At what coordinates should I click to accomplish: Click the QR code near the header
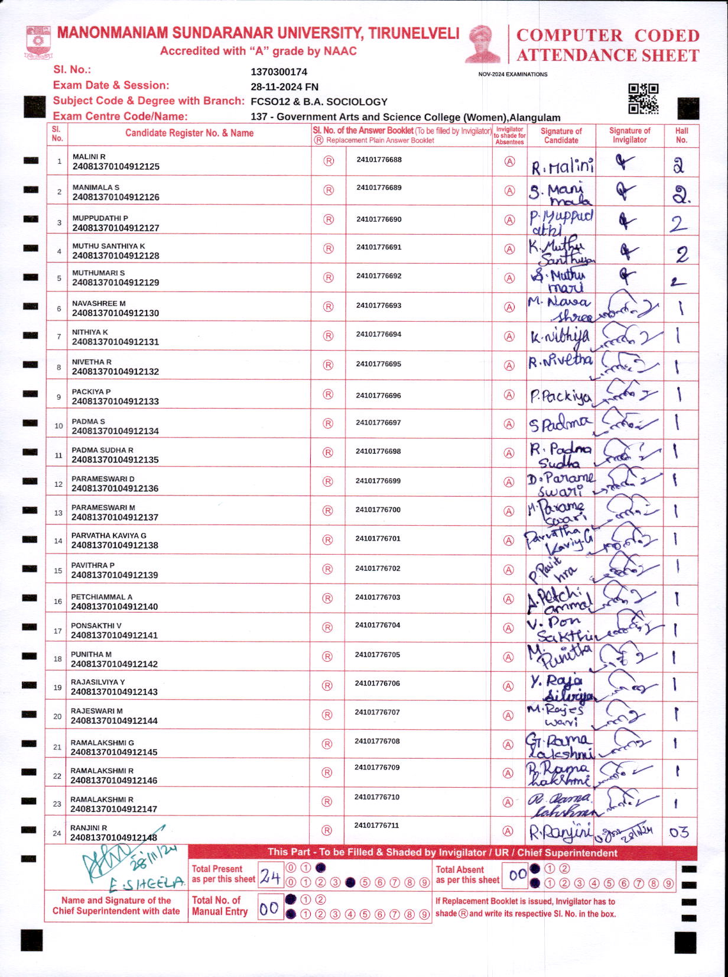tap(643, 99)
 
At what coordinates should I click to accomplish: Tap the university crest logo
tap(38, 43)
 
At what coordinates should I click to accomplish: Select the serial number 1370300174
tap(279, 72)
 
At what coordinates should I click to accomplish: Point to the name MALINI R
tap(89, 157)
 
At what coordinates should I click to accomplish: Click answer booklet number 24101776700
tap(378, 510)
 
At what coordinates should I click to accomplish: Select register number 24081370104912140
tap(115, 607)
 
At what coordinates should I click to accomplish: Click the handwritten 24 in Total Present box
tap(270, 877)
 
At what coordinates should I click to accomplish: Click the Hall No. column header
tap(681, 135)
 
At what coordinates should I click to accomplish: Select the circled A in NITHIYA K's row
tap(509, 337)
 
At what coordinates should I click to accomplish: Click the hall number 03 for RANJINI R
tap(679, 833)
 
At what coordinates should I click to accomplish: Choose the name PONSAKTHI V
tap(96, 626)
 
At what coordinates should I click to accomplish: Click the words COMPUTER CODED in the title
tap(607, 35)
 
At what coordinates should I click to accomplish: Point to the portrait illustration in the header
tap(483, 44)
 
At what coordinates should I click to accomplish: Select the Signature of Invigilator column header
tap(629, 135)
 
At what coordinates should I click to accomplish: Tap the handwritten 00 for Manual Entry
tap(269, 908)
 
